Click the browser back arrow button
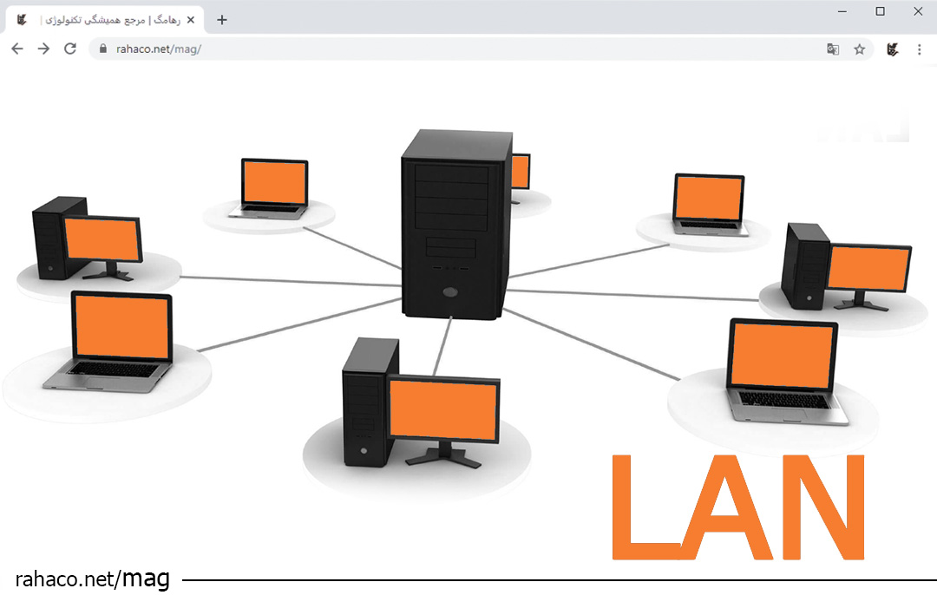(x=17, y=49)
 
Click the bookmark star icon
(x=859, y=49)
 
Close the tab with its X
(x=190, y=20)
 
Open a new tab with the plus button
(x=222, y=20)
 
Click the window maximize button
(x=880, y=11)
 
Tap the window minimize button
(x=842, y=11)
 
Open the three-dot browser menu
(x=919, y=49)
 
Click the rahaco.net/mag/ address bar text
(x=159, y=49)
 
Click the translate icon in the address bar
(x=833, y=49)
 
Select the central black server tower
(x=455, y=226)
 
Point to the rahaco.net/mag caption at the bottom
(x=92, y=579)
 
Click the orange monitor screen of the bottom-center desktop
(x=443, y=409)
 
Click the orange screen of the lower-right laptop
(x=782, y=356)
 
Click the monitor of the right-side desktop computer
(x=868, y=268)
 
